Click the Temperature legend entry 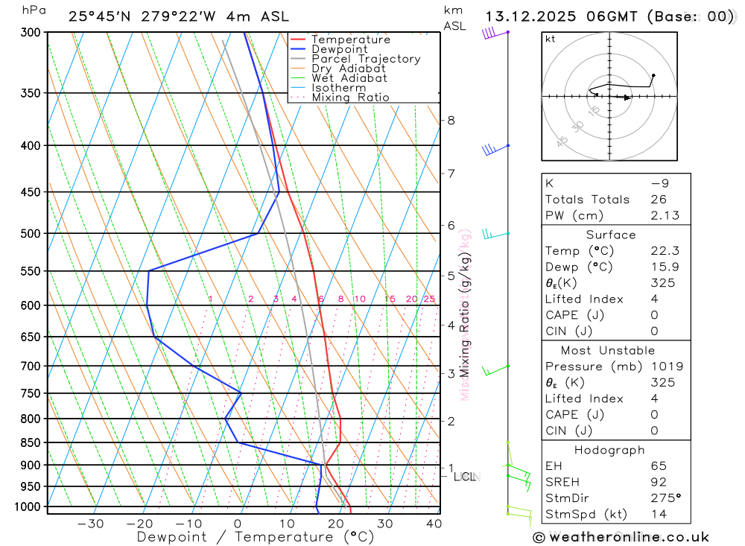[350, 39]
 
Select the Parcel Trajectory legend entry [366, 59]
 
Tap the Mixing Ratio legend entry [350, 98]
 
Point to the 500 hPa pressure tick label [31, 234]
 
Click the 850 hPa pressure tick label [31, 443]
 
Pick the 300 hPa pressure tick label [31, 33]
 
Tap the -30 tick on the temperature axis [90, 524]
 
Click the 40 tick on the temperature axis [433, 524]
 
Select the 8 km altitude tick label [451, 121]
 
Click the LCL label [465, 477]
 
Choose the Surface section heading [611, 235]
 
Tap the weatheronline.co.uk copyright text [621, 537]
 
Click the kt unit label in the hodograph [551, 39]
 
